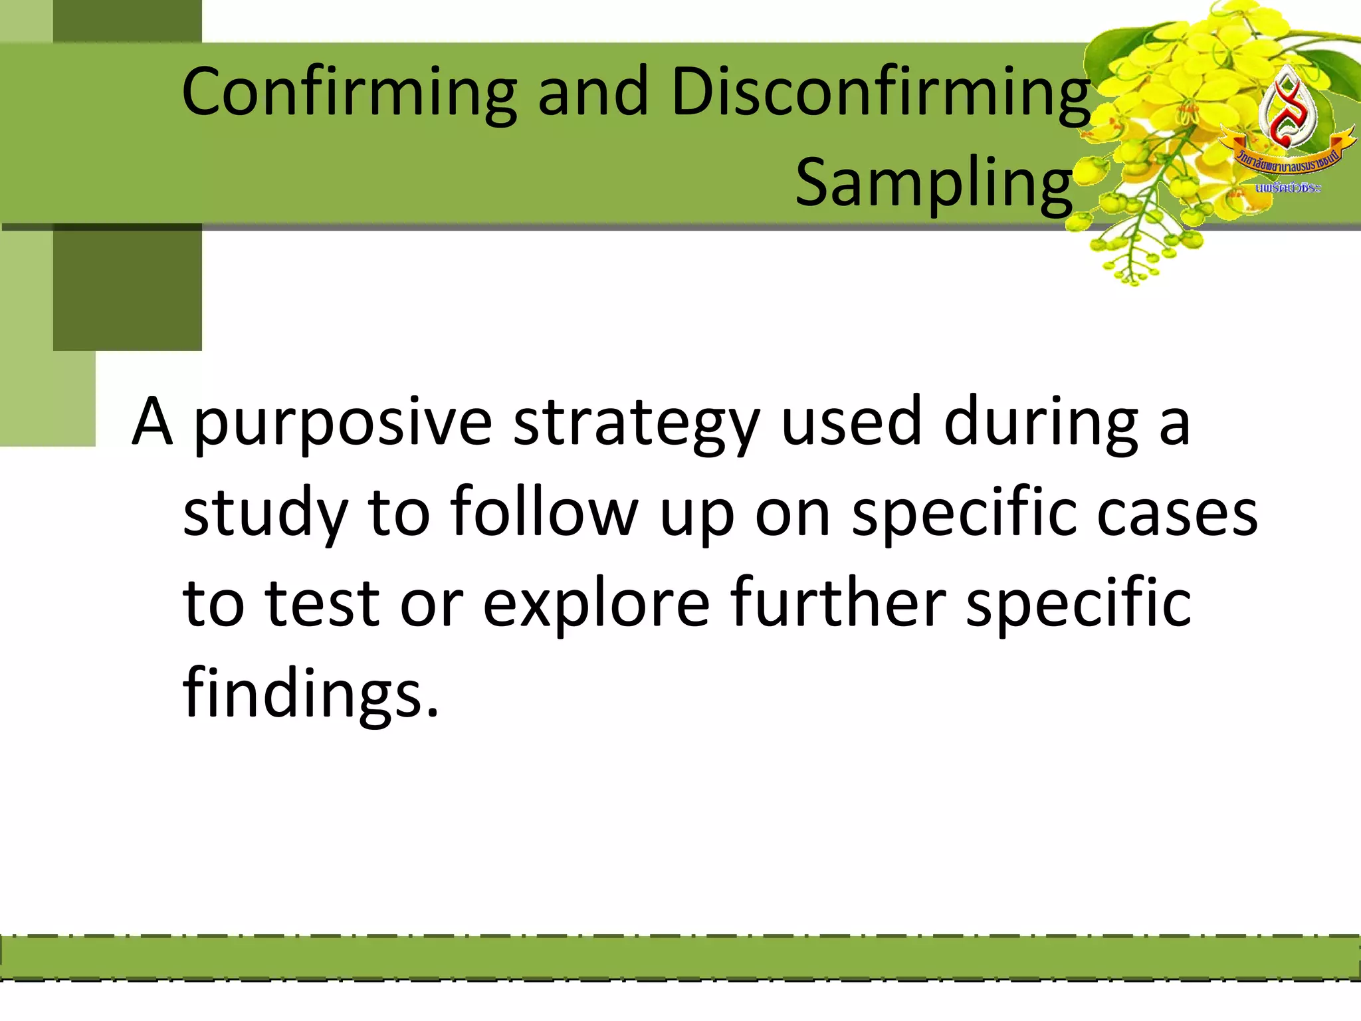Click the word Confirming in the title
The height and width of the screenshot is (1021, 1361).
(349, 93)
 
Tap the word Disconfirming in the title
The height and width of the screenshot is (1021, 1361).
(881, 93)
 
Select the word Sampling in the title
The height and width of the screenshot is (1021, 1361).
(934, 184)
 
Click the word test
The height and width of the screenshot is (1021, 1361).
(322, 603)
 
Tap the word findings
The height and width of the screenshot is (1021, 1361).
(310, 695)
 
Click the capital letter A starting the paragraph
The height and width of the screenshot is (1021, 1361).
(152, 423)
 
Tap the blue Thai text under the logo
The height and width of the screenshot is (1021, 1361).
(1287, 189)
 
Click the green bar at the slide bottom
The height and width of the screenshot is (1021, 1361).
(680, 958)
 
